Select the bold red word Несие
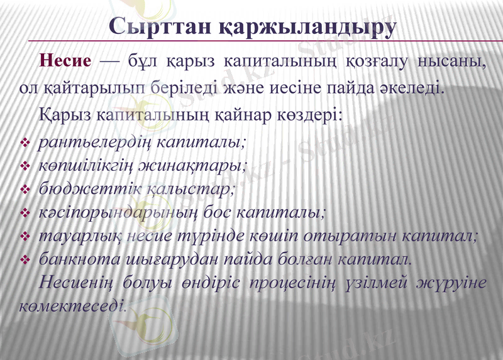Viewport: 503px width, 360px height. point(65,62)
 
